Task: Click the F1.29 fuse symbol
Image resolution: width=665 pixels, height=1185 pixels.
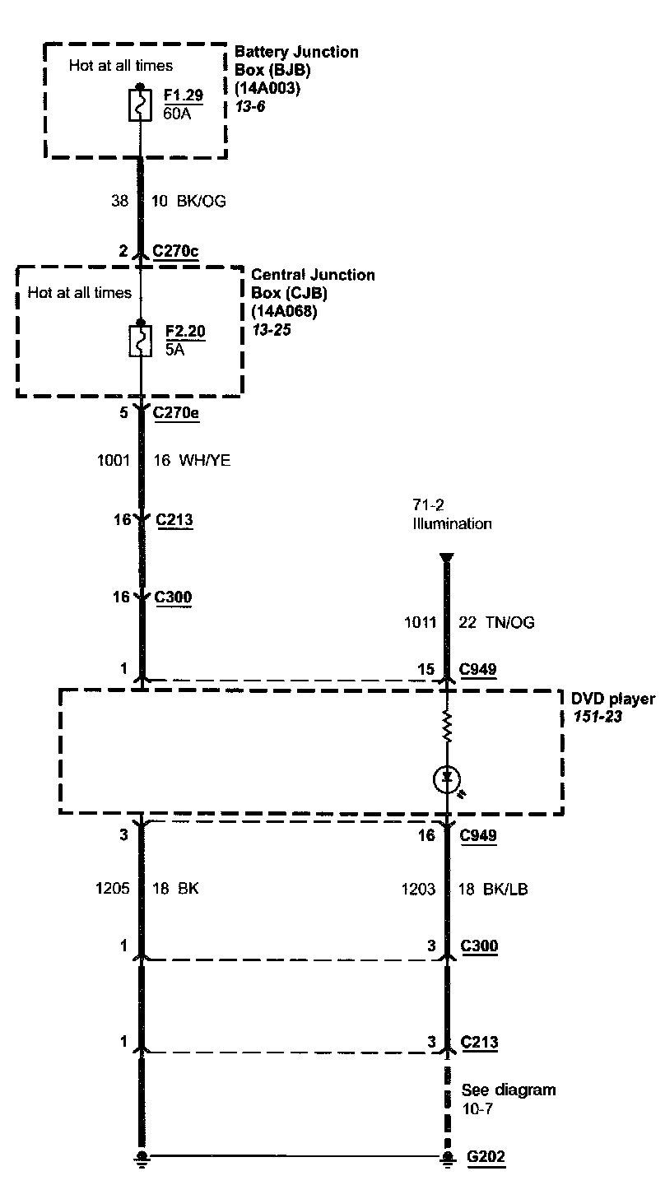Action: pos(141,106)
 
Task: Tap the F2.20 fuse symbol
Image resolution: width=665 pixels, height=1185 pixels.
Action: pos(141,341)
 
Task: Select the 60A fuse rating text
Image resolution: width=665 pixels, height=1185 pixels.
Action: pos(177,113)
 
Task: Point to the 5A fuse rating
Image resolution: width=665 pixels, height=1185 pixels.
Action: pos(174,347)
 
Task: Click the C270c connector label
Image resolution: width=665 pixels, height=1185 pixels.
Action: pos(175,252)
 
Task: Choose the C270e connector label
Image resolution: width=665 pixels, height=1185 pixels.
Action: pos(175,412)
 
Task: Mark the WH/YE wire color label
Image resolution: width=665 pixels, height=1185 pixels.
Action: pos(204,461)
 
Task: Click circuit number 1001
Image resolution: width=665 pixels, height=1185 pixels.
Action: pos(114,461)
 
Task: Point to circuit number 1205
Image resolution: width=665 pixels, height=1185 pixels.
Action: pos(114,889)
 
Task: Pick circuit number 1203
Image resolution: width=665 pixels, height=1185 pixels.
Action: pos(418,889)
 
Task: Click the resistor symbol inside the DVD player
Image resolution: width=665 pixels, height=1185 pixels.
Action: pos(447,727)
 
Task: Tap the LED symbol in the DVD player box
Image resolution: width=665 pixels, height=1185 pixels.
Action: pos(447,778)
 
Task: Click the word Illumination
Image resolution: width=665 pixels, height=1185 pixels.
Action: pos(452,523)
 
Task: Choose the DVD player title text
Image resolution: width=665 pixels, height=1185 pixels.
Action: pos(613,699)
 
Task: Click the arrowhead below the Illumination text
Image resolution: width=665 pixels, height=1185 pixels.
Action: pos(446,558)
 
